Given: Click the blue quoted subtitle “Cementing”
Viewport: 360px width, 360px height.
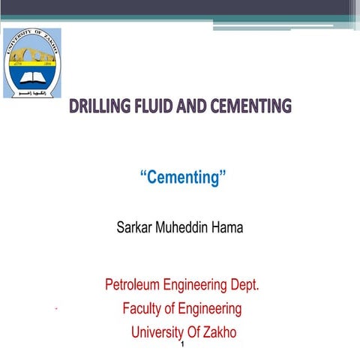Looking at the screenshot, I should coord(183,178).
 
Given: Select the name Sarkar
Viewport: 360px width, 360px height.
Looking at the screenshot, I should coord(134,226).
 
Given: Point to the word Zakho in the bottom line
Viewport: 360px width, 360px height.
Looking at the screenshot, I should coord(220,331).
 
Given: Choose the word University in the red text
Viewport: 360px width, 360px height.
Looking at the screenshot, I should coord(158,331).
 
